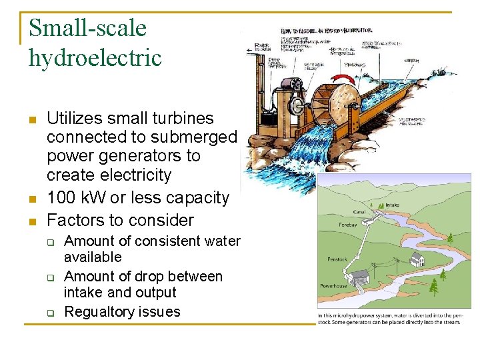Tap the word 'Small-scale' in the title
tap(87, 28)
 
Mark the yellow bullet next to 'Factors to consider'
tap(31, 221)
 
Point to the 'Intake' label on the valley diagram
tap(394, 205)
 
